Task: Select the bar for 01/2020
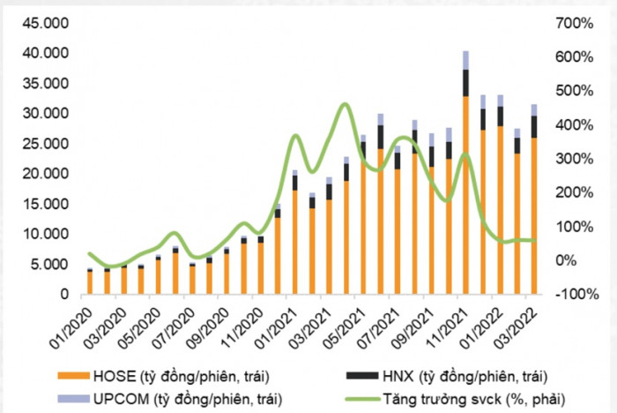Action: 90,282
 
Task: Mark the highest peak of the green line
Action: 345,104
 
